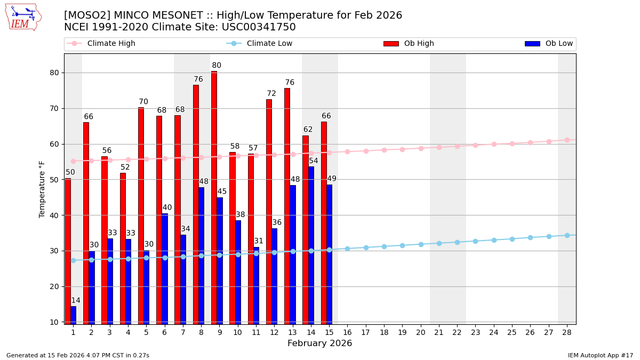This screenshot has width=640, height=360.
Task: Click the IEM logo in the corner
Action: coord(23,17)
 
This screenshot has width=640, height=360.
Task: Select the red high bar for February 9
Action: coord(214,197)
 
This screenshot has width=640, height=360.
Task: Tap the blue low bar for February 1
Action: coord(73,315)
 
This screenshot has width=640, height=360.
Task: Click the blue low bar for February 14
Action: coord(311,245)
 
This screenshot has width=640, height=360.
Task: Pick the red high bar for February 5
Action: coord(141,215)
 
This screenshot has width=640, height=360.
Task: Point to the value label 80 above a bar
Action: coord(217,66)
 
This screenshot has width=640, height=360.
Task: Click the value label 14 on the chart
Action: coord(76,301)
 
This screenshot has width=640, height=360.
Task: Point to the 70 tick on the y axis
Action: coord(54,108)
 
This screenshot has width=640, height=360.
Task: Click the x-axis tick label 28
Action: coord(567,332)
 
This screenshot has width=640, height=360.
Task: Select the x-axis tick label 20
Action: coord(421,332)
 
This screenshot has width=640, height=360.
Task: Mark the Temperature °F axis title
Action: coord(43,189)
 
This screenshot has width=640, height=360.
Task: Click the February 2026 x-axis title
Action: coord(319,343)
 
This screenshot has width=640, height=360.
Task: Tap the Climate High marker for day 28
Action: coord(567,140)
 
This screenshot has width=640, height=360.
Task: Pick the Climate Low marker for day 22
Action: coord(457,242)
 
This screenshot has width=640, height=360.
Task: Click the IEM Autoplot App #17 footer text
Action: coord(600,355)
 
